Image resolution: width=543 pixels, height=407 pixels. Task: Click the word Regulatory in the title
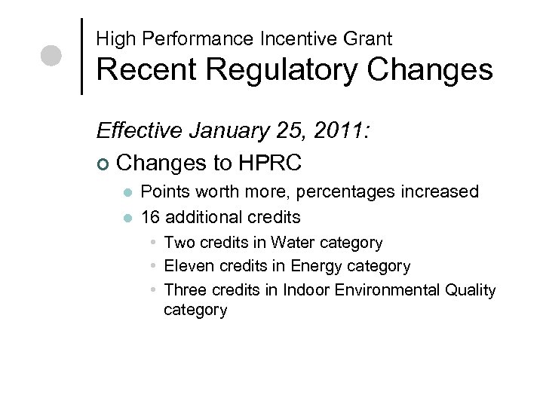click(x=281, y=70)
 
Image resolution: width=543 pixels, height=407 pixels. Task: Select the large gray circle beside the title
click(x=51, y=57)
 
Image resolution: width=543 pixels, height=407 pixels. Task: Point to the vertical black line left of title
click(x=81, y=55)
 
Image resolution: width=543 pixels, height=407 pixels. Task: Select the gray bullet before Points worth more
click(x=128, y=192)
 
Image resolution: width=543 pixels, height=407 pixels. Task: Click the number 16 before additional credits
click(x=151, y=217)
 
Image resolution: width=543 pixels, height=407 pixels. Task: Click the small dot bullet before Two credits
click(x=153, y=243)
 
